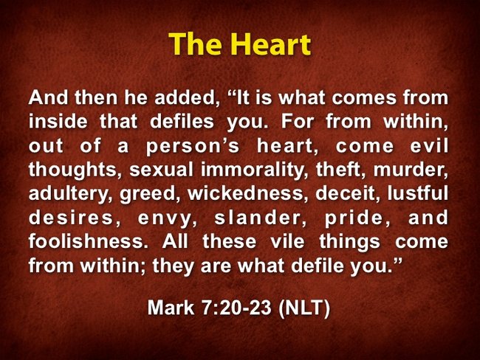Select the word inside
pyautogui.click(x=58, y=122)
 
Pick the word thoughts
pyautogui.click(x=73, y=170)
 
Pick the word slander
pyautogui.click(x=260, y=218)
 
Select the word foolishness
pyautogui.click(x=86, y=241)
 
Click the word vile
pyautogui.click(x=288, y=241)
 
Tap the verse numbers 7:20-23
pyautogui.click(x=236, y=307)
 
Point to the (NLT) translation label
pyautogui.click(x=304, y=308)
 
